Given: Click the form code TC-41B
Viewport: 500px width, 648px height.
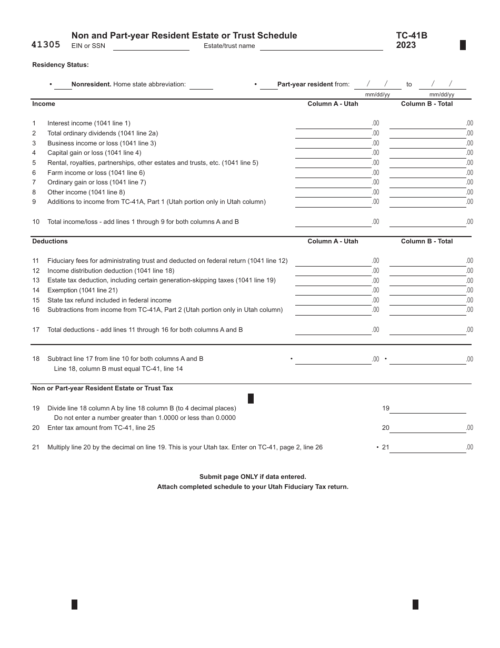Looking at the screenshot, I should point(412,35).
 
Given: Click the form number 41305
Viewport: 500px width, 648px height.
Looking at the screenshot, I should point(46,45).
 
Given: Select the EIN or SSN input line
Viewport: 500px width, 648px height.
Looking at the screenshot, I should point(151,46).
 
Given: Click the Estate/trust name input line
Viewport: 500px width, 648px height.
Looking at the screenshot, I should point(321,46).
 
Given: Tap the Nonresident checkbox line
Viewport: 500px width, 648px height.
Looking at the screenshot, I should point(63,84).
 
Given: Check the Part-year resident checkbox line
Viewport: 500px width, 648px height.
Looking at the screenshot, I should point(269,84).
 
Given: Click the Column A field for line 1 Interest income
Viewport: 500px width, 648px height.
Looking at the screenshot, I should point(333,124).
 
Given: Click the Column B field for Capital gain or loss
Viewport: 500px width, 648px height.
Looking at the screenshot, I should point(427,153).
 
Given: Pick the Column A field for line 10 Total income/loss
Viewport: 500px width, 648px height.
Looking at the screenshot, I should point(333,222).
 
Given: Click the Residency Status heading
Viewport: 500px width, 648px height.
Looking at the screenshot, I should point(61,65).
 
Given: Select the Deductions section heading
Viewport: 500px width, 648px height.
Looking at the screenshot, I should point(50,241).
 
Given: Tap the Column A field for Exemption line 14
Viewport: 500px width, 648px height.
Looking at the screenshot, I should point(333,291).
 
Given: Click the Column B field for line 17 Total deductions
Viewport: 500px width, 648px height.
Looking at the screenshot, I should point(427,330).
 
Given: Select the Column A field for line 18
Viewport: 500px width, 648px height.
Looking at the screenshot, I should point(333,359).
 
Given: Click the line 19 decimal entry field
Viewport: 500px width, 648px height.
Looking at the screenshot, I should point(427,408).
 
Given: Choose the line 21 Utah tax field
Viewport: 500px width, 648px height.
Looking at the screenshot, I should point(427,448).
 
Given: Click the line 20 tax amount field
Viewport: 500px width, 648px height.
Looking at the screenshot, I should point(427,428).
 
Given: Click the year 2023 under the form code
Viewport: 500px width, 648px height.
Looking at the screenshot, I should point(406,45).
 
